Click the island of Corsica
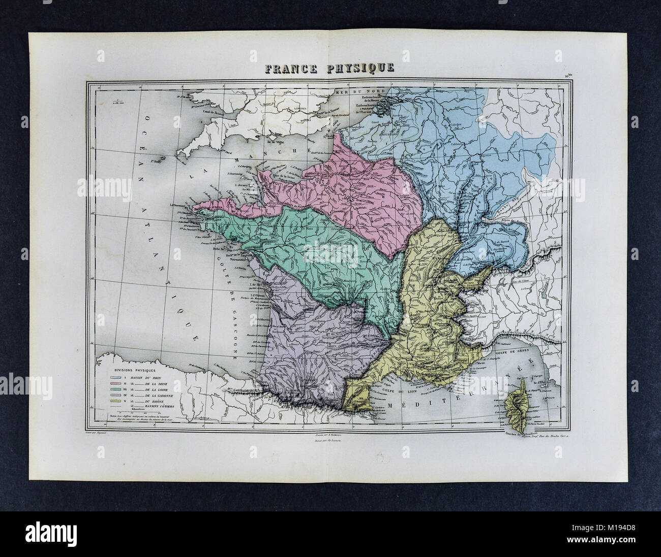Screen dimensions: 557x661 click(514, 399)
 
